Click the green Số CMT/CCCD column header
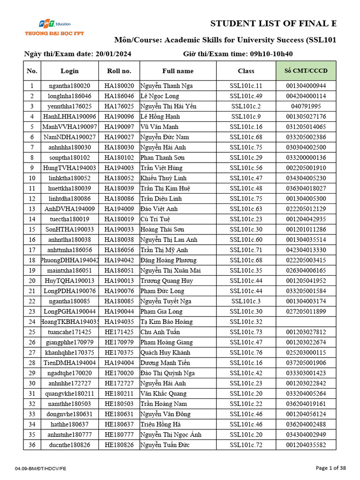click(x=306, y=71)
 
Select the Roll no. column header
click(x=119, y=71)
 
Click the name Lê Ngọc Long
click(x=160, y=96)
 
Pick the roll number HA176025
click(x=119, y=106)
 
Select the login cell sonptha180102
click(x=69, y=157)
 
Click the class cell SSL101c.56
click(x=246, y=168)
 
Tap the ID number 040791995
click(x=306, y=106)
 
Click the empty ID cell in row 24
click(x=306, y=322)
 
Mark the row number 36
click(x=32, y=445)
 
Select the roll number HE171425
click(x=119, y=332)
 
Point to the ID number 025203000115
click(x=306, y=352)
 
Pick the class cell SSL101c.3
click(x=246, y=301)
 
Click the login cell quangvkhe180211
click(x=69, y=393)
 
